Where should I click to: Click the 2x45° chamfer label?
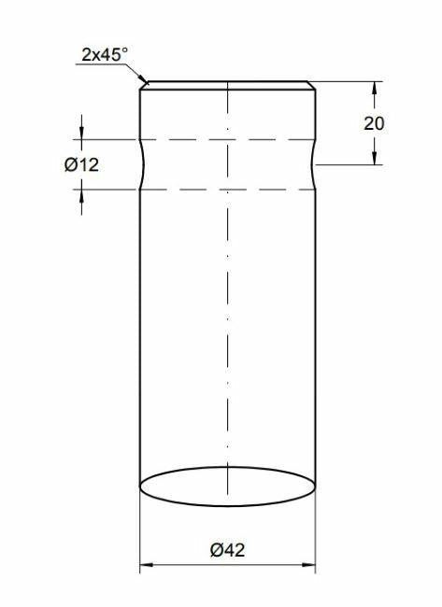105,54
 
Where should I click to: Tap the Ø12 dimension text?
81,165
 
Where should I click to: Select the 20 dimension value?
374,123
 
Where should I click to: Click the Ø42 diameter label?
228,550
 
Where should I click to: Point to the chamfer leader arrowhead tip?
148,84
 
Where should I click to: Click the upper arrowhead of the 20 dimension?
374,88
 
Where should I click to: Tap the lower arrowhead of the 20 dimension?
374,158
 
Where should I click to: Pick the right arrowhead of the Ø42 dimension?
308,565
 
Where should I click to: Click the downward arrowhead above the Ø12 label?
81,132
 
